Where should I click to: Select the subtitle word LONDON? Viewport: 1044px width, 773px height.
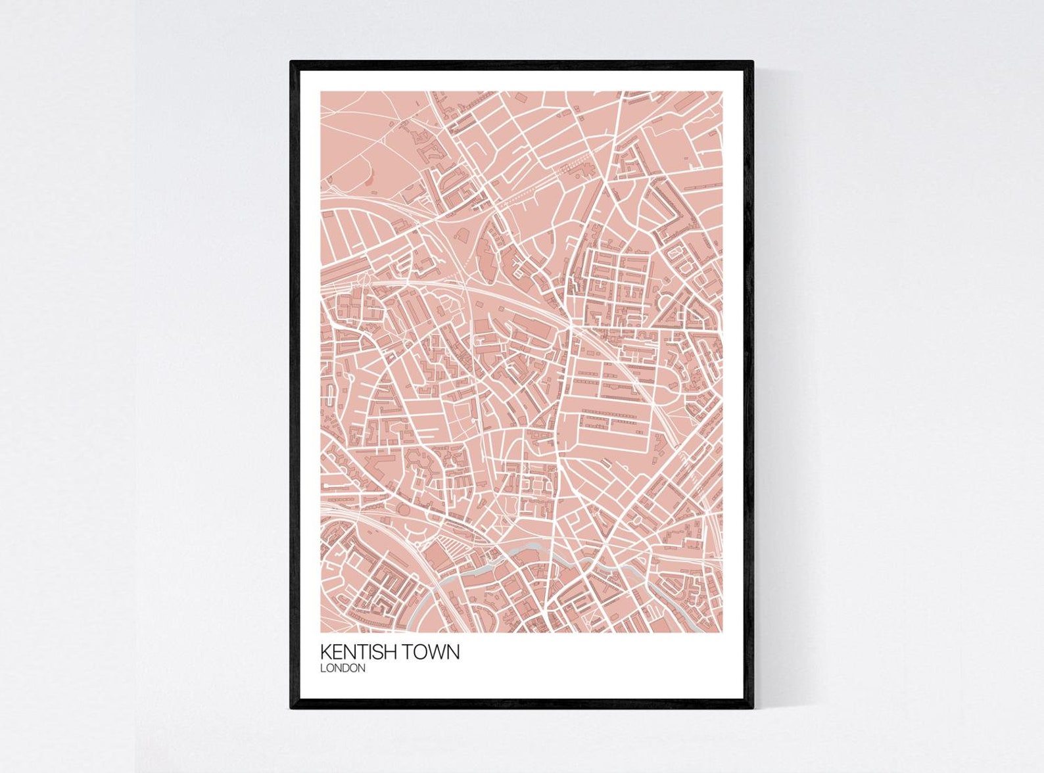click(343, 668)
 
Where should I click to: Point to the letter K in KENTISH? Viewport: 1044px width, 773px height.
click(325, 652)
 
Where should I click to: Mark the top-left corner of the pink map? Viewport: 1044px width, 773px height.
click(321, 91)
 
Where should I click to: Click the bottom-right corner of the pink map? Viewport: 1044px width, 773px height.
click(723, 632)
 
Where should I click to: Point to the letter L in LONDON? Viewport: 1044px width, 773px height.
click(323, 668)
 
